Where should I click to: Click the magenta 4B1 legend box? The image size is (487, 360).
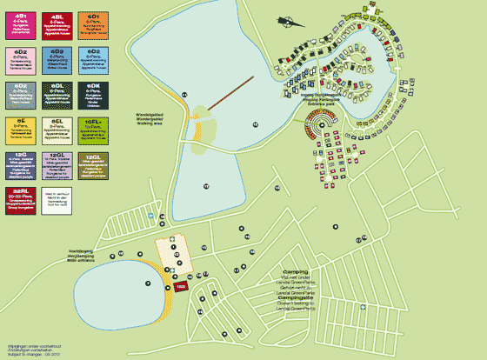click(19, 24)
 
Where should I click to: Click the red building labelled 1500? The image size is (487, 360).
click(181, 284)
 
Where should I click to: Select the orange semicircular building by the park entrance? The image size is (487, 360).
click(306, 132)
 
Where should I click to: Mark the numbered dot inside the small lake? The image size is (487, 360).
click(149, 283)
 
